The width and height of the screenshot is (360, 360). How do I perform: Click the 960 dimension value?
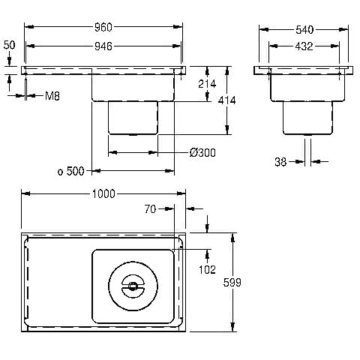point(103,28)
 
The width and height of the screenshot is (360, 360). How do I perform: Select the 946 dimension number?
point(103,46)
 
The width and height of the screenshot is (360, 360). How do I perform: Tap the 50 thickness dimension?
point(9,45)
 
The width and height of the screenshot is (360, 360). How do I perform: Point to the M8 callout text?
point(52,96)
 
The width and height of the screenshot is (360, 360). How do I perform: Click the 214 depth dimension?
point(207,84)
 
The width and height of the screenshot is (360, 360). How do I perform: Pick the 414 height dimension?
point(226,100)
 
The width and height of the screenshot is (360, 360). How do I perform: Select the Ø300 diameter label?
point(202,153)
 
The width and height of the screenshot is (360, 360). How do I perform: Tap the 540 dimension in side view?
point(304,30)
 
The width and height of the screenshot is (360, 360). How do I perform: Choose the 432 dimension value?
point(304,46)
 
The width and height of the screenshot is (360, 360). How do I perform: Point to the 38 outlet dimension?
point(280,162)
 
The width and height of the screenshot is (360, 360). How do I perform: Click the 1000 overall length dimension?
point(103,194)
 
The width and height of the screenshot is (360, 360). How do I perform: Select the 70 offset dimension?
point(150,209)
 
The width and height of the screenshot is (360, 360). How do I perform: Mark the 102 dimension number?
point(207,270)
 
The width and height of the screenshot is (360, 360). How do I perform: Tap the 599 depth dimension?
point(232,283)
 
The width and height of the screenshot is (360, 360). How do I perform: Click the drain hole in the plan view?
point(133,286)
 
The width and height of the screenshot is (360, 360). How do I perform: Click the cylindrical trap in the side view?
point(307,118)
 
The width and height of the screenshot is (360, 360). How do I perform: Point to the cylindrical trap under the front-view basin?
point(133,118)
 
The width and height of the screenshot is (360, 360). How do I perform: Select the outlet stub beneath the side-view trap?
point(307,135)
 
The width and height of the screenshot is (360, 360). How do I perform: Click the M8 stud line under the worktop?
point(25,88)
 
